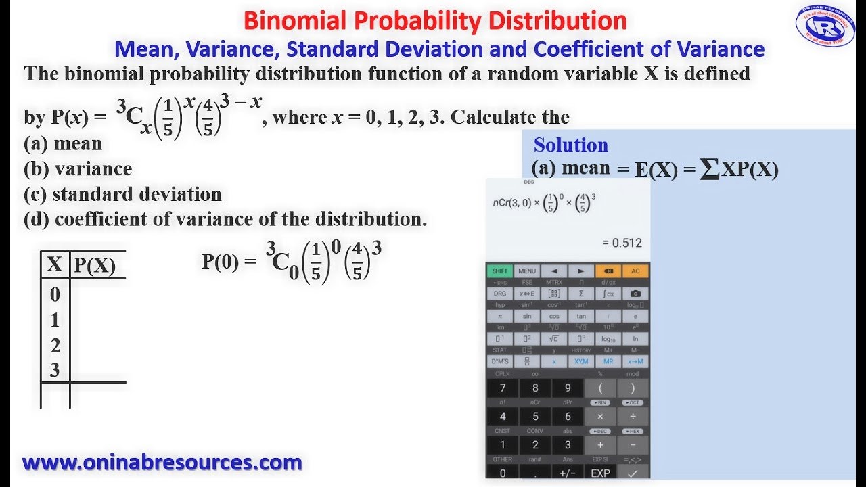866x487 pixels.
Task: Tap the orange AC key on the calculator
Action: (x=635, y=271)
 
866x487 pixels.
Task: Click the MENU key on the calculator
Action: (x=527, y=271)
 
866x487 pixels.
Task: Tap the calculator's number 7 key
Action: (x=502, y=388)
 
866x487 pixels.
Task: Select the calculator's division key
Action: (x=633, y=417)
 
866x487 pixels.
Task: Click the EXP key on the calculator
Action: (x=600, y=473)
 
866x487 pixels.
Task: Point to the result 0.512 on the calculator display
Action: (x=622, y=243)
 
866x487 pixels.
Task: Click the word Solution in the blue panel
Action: (x=570, y=145)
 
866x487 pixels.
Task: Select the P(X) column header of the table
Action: (x=94, y=266)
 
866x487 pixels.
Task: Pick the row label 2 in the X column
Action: (x=55, y=346)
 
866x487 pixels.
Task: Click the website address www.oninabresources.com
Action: (x=162, y=463)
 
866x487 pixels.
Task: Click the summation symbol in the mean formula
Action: (x=709, y=169)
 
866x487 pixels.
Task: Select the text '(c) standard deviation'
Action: (x=122, y=195)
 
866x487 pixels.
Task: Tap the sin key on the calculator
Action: (x=527, y=316)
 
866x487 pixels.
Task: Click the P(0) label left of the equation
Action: (x=220, y=262)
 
